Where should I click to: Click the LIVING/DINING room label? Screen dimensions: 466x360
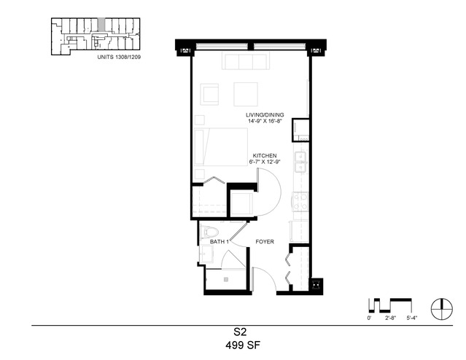point(265,114)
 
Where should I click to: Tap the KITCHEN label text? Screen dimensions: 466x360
point(265,156)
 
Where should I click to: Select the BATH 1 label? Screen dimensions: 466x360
point(220,242)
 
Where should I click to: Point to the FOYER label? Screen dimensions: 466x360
point(265,242)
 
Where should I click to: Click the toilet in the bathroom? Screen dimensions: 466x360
point(209,232)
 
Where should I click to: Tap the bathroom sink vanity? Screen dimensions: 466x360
point(206,254)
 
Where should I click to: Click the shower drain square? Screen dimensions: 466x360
point(226,280)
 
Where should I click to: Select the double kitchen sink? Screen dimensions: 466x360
point(300,163)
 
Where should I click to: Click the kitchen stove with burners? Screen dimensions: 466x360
point(300,202)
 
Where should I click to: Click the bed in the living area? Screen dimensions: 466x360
point(221,146)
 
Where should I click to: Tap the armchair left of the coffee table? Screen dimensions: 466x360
point(209,94)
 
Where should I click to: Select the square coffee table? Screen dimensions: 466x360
point(246,94)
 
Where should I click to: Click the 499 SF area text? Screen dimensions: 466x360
point(243,345)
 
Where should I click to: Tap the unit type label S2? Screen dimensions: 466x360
point(240,332)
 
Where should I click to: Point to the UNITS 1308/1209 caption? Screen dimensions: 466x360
point(119,57)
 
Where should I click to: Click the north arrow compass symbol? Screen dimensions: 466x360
point(442,309)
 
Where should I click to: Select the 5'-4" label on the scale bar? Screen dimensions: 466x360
point(412,318)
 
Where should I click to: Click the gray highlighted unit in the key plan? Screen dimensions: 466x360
point(101,24)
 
